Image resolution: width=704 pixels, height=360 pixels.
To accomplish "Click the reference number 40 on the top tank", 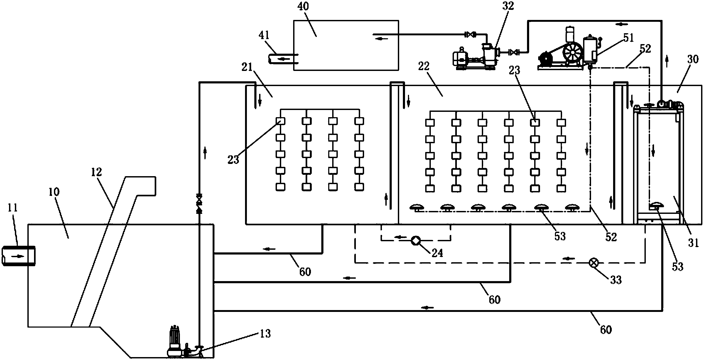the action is coord(303,6).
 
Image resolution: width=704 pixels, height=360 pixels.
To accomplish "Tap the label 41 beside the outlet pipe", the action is coord(264,35).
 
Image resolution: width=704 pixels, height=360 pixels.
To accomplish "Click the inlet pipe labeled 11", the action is coord(19,256).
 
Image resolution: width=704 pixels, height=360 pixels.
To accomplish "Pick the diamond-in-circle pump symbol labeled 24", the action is coord(415,241).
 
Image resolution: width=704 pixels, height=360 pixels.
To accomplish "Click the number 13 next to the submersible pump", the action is coord(265,333).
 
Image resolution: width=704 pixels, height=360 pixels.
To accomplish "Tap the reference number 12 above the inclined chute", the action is coord(96,172).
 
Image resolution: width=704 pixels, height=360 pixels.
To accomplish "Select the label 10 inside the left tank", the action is coord(54,192).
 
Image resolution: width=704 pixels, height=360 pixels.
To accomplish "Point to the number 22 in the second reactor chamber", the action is coord(424,66).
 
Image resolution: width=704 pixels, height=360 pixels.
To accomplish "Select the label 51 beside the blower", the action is coord(628,38).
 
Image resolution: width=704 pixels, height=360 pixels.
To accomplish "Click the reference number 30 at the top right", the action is coord(693,59).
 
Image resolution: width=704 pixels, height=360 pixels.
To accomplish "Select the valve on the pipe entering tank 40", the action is coord(470,35).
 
